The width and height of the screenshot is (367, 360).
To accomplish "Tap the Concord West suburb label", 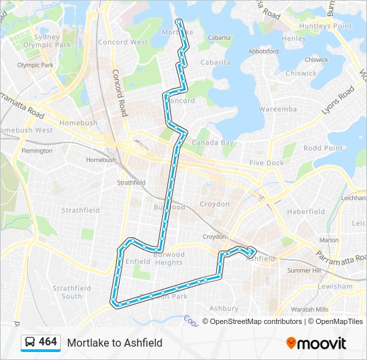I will [123, 42].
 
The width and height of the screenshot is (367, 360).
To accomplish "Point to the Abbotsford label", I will [263, 51].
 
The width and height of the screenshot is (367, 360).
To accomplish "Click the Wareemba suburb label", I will [278, 108].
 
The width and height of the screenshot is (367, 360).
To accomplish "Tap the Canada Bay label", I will [213, 143].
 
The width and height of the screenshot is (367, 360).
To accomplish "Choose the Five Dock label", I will [266, 163].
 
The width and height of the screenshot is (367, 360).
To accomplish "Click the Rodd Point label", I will [323, 148].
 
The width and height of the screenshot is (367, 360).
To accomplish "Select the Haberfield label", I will [306, 211].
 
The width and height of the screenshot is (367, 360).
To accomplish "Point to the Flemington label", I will [37, 151].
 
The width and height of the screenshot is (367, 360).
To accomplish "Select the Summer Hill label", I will [304, 270].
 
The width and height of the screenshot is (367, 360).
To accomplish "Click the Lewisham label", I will [335, 286].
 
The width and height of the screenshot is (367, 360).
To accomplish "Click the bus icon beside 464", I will [29, 342].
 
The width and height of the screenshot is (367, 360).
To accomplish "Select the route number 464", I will [48, 342].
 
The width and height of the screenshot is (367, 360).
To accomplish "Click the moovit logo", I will [316, 343].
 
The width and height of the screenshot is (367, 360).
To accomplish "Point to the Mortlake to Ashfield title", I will [114, 343].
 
